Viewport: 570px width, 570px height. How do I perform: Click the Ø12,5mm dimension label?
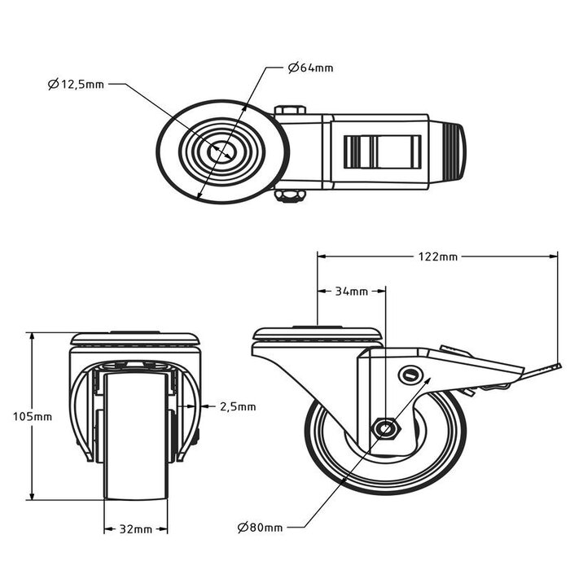76,84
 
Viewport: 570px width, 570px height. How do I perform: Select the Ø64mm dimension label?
310,68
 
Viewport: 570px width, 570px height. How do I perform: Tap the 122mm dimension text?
437,256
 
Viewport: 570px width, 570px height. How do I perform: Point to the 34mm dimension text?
351,292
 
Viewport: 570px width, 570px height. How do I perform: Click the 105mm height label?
33,416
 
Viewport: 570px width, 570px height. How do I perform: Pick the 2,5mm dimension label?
238,406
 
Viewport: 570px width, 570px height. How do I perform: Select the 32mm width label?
135,529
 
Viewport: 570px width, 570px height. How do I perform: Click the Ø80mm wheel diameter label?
261,527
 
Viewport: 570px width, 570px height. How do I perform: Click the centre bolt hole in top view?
221,151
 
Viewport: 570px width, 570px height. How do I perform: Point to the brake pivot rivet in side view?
410,374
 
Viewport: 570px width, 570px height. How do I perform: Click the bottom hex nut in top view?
290,196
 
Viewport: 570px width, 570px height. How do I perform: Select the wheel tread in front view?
135,440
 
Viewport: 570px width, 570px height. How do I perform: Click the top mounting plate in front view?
135,338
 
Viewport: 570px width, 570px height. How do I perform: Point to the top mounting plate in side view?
318,334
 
